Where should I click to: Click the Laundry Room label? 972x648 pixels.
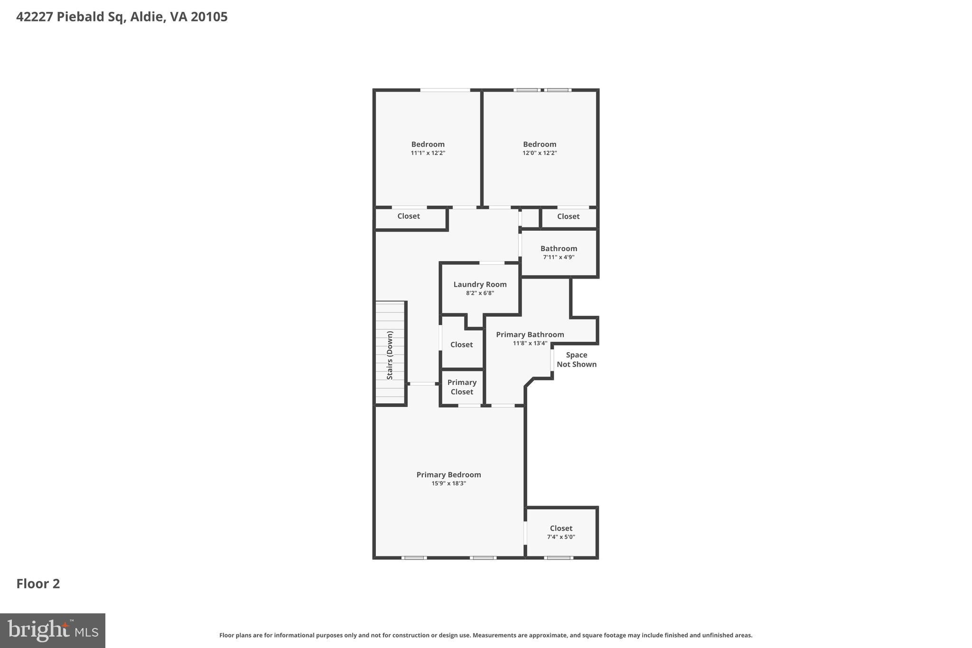click(480, 284)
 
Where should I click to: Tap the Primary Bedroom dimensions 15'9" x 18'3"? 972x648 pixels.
click(449, 483)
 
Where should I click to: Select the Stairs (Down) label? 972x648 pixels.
click(390, 355)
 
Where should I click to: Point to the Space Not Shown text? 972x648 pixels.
click(576, 360)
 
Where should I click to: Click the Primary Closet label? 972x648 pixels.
click(462, 387)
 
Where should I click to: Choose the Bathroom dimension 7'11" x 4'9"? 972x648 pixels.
click(559, 257)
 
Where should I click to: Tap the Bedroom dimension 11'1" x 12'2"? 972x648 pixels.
click(428, 153)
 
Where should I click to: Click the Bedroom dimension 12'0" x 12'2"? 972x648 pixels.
click(540, 153)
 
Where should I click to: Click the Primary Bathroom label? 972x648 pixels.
click(530, 335)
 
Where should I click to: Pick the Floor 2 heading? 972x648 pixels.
click(38, 584)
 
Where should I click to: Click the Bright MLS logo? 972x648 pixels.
click(53, 630)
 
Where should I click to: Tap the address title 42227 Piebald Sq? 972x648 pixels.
click(122, 17)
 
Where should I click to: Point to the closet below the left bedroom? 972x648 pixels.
click(409, 216)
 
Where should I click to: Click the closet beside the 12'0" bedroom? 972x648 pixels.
click(568, 216)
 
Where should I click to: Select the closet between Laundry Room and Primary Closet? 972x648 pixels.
click(461, 345)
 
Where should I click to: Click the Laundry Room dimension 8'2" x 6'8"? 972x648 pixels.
click(480, 293)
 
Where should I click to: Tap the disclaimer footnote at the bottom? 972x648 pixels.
click(486, 635)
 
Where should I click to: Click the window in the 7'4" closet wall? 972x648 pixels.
click(558, 558)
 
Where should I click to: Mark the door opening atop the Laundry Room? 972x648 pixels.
click(492, 263)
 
